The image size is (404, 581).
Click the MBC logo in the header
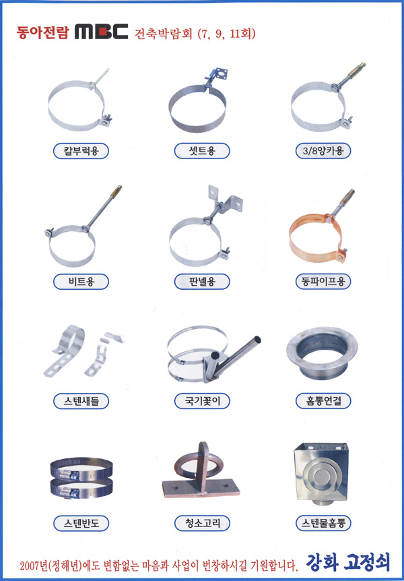pos(102,32)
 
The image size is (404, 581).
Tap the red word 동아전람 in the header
pos(42,32)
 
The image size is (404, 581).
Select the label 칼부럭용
pos(81,151)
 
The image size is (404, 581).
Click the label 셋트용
pos(202,151)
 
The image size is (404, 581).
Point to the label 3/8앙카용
pos(323,151)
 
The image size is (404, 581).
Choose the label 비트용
pos(81,282)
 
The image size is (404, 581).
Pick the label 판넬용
pos(202,282)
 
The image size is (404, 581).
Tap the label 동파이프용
pos(323,282)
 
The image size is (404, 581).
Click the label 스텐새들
pos(81,401)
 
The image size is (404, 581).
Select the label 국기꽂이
pos(202,401)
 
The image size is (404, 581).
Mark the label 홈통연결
pos(323,401)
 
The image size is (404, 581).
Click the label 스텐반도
pos(81,523)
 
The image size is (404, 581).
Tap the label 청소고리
pos(202,523)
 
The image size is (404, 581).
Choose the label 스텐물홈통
pos(323,523)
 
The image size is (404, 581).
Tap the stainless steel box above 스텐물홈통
pos(321,475)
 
